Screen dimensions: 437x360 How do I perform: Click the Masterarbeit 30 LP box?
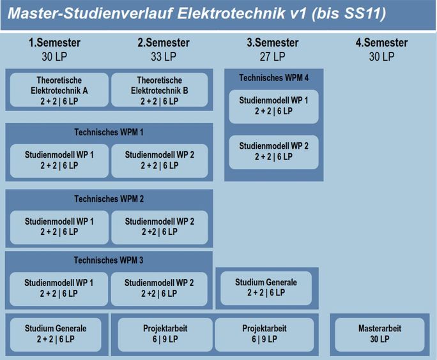tap(379, 334)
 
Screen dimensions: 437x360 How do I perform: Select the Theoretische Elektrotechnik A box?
tap(59, 90)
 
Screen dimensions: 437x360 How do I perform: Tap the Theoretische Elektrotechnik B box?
tap(160, 90)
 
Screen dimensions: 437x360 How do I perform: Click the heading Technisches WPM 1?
tap(109, 132)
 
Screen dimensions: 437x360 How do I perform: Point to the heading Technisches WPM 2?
tap(109, 199)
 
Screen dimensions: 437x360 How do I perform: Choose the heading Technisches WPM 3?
tap(109, 260)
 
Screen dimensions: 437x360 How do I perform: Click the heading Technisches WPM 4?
tap(273, 77)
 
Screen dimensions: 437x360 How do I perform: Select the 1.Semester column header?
tap(55, 43)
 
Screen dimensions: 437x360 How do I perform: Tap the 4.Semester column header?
tap(381, 43)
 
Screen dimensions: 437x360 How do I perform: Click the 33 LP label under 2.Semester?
tap(164, 57)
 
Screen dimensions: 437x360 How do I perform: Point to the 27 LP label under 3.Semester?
tap(273, 57)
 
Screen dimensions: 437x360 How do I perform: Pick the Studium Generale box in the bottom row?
tap(56, 334)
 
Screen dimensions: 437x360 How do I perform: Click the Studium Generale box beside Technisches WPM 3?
tap(266, 288)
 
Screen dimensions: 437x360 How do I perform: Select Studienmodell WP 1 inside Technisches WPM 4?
tap(273, 107)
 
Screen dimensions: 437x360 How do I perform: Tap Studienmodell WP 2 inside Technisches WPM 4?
tap(273, 152)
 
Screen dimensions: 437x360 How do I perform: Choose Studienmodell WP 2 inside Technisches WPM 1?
tap(160, 161)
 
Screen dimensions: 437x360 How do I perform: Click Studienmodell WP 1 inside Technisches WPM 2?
tap(59, 227)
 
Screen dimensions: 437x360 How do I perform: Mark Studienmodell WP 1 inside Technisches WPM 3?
tap(59, 289)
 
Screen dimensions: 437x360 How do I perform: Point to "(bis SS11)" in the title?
tap(349, 13)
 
